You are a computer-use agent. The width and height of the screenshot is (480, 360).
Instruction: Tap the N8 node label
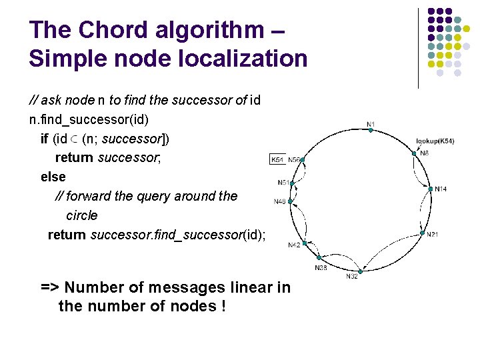(425, 153)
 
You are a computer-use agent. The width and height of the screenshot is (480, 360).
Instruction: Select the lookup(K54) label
(435, 141)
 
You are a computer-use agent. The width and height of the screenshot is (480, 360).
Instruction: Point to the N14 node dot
(430, 189)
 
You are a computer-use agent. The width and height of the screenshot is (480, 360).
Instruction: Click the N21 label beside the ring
(432, 234)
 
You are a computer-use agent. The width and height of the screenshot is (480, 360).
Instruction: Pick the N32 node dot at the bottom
(360, 272)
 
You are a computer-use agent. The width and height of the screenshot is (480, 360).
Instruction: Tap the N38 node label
(321, 267)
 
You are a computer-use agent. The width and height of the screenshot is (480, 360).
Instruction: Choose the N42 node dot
(304, 243)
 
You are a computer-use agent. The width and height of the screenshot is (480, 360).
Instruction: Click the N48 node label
(280, 201)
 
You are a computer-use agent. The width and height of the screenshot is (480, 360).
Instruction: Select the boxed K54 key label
(277, 160)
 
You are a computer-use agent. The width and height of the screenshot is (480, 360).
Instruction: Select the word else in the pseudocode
(53, 177)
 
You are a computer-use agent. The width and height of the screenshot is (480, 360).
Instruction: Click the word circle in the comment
(82, 215)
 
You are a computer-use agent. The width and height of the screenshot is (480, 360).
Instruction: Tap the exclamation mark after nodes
(222, 307)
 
